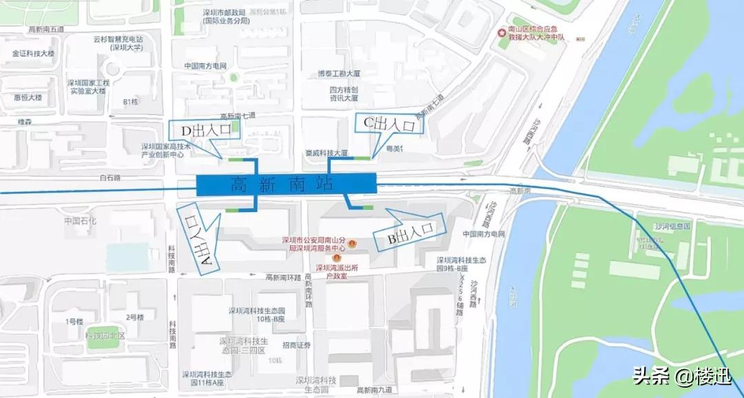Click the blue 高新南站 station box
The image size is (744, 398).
(x=286, y=185)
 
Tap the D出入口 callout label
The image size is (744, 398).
(x=205, y=130)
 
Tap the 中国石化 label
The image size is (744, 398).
(x=81, y=221)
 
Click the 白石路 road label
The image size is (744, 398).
(x=110, y=178)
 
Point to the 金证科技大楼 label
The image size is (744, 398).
(x=33, y=53)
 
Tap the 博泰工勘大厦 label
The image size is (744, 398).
(x=339, y=73)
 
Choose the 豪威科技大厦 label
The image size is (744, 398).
(x=327, y=153)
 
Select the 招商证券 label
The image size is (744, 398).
(x=297, y=345)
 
